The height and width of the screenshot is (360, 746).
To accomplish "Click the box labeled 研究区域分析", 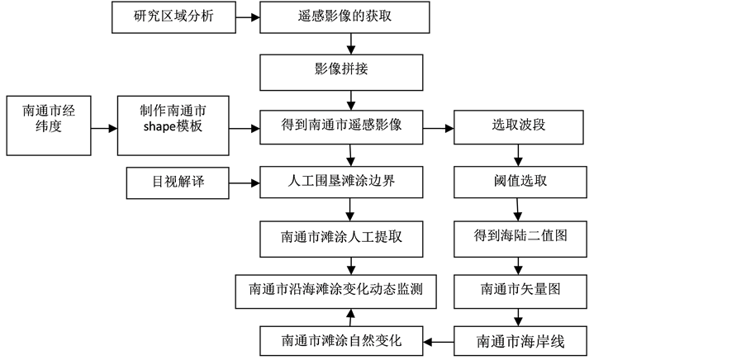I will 173,17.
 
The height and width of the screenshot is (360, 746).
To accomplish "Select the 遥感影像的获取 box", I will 344,17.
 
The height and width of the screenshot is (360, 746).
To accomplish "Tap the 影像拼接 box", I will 341,72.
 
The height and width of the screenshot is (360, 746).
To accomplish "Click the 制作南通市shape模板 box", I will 173,125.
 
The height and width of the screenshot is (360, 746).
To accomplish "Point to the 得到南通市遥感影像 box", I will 341,126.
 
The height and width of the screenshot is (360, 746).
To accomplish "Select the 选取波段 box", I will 519,126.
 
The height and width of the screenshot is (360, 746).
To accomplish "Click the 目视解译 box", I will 178,182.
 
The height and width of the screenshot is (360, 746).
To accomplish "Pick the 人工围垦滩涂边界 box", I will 341,182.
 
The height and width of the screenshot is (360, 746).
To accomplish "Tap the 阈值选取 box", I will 519,182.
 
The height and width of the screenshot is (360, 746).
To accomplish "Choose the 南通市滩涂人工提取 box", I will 341,237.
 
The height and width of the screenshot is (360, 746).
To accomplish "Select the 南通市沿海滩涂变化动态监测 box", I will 335,291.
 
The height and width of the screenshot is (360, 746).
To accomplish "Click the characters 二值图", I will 548,236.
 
